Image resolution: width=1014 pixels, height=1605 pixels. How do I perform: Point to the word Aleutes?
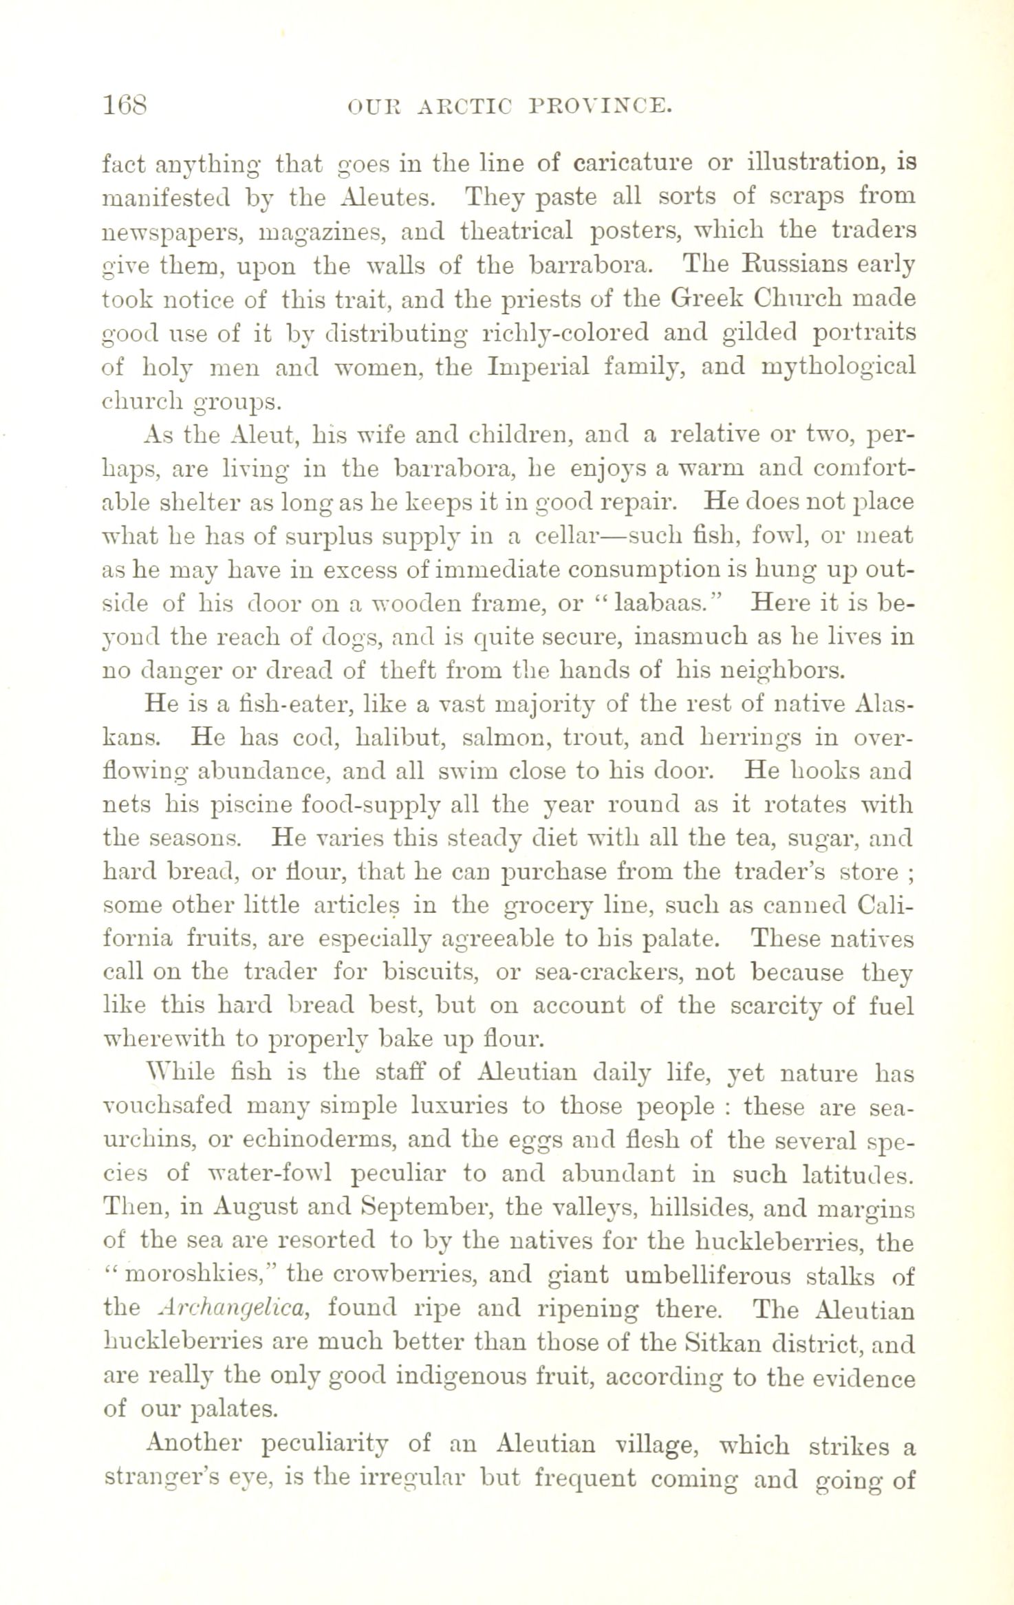tap(386, 197)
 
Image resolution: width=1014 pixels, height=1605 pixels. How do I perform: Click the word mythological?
tap(839, 366)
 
